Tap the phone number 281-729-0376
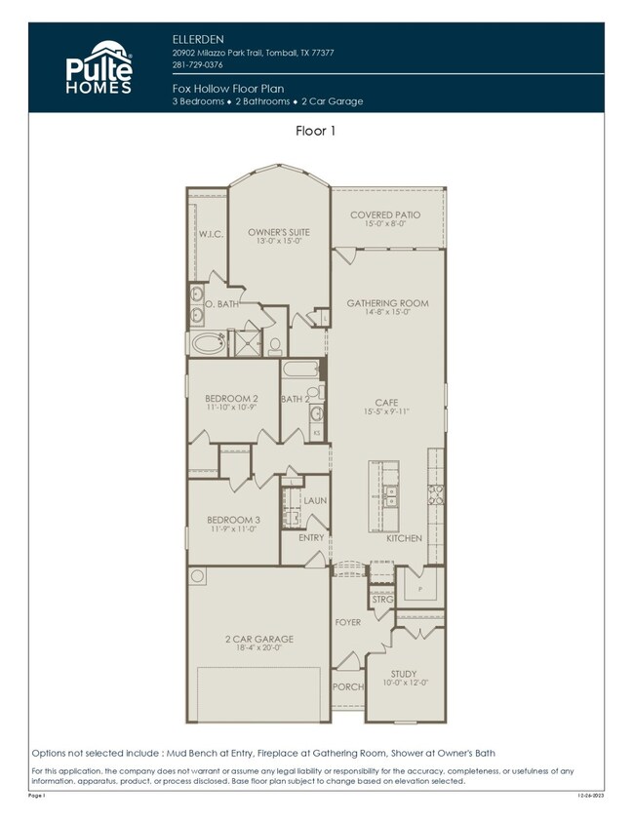tap(197, 65)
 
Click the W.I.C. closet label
tap(211, 234)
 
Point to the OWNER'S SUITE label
tap(278, 232)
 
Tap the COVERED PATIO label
tap(387, 215)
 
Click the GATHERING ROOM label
tap(387, 303)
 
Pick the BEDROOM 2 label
tap(231, 398)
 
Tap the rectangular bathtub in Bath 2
tap(297, 371)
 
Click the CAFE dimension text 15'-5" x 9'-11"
tap(387, 410)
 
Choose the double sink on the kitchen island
tap(390, 495)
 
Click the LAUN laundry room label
tap(313, 500)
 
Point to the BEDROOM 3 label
tap(232, 521)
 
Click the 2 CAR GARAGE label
tap(258, 640)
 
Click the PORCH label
tap(347, 686)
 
